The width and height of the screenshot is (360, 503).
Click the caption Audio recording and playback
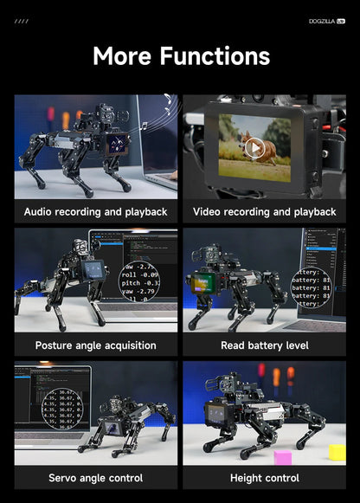click(x=95, y=212)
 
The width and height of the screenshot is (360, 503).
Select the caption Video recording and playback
click(x=264, y=212)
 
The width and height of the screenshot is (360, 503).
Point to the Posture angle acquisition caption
click(x=95, y=345)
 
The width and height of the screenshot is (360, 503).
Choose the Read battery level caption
click(x=264, y=345)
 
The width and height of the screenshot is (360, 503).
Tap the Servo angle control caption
click(x=95, y=478)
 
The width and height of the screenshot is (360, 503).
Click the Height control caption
click(x=264, y=478)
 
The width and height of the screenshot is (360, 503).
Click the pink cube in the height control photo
click(x=283, y=456)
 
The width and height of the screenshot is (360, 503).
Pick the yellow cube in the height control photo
click(x=337, y=452)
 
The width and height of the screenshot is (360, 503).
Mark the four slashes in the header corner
click(x=22, y=21)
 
